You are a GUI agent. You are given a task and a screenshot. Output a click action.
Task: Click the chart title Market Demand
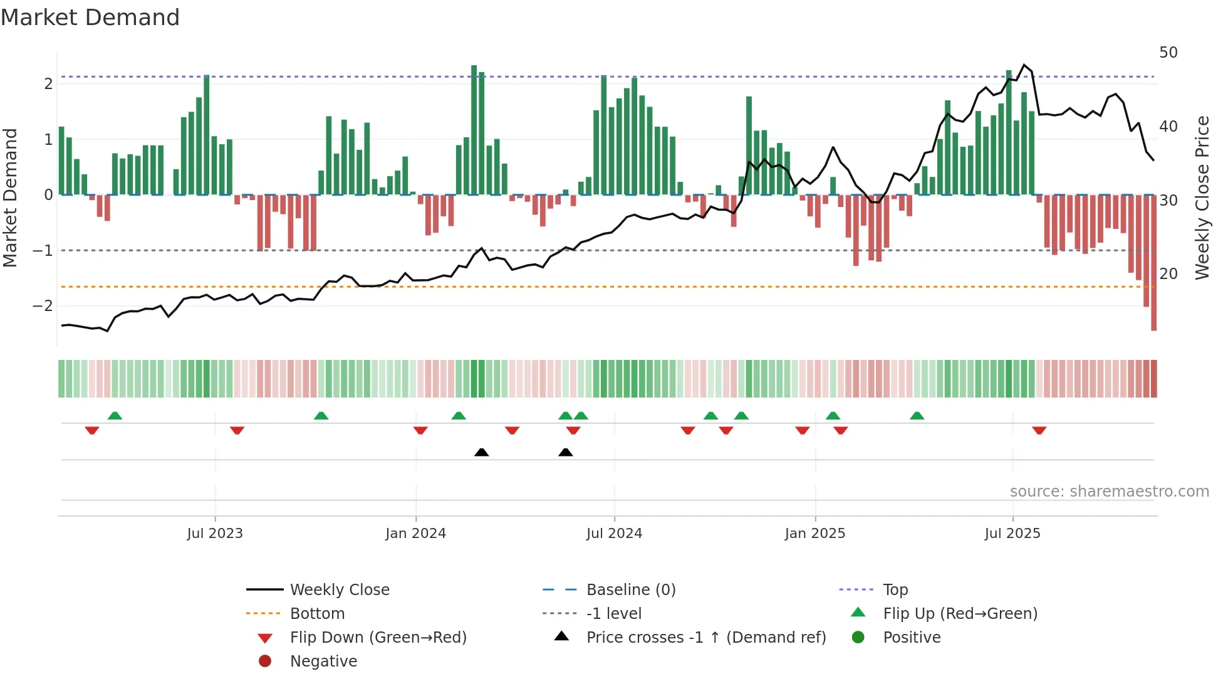click(90, 18)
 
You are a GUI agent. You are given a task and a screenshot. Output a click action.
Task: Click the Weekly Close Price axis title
click(1202, 198)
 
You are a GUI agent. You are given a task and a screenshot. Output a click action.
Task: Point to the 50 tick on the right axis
click(1168, 53)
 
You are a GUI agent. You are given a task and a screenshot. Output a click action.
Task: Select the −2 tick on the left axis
click(43, 306)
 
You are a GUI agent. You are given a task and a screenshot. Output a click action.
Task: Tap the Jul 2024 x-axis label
click(614, 534)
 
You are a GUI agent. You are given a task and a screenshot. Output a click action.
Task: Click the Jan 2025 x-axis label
click(814, 534)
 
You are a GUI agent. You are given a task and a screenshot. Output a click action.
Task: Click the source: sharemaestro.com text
click(1109, 492)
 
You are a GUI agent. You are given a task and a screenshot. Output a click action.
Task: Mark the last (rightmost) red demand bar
click(1153, 263)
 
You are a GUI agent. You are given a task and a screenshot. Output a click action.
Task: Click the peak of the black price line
click(1024, 65)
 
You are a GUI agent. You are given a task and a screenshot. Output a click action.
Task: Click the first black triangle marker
click(481, 452)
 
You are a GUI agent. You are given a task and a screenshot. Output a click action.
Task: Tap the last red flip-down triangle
click(1039, 430)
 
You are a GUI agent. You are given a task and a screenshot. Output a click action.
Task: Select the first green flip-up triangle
click(115, 416)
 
